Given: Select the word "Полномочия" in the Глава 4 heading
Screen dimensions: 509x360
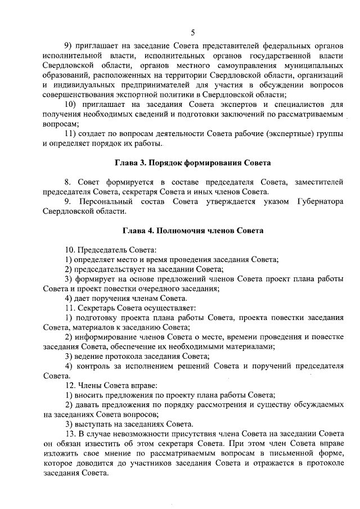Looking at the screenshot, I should pos(188,230).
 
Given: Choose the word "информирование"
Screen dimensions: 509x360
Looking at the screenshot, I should pos(106,336).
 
